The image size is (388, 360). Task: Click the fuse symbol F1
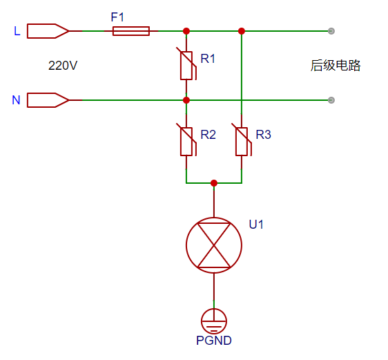point(130,31)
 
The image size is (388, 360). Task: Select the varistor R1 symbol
point(186,66)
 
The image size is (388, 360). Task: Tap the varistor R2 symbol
point(186,141)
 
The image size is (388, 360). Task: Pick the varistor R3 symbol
point(242,141)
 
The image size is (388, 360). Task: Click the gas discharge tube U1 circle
point(214,245)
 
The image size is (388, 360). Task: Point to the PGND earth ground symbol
point(214,319)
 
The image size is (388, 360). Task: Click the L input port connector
point(48,31)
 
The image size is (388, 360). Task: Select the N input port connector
point(48,100)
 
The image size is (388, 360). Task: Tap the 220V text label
point(63,66)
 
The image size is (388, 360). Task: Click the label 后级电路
point(336,66)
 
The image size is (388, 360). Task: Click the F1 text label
point(118,16)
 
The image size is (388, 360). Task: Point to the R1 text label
point(208,59)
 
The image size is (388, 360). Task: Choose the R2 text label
point(208,135)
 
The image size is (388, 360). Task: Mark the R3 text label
point(263,135)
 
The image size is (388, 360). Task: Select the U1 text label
point(256,225)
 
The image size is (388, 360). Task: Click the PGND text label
point(214,341)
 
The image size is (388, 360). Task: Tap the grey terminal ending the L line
point(331,31)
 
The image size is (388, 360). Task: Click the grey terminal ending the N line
point(331,100)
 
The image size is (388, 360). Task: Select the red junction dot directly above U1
point(214,183)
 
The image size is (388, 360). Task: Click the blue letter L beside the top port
point(17,31)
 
